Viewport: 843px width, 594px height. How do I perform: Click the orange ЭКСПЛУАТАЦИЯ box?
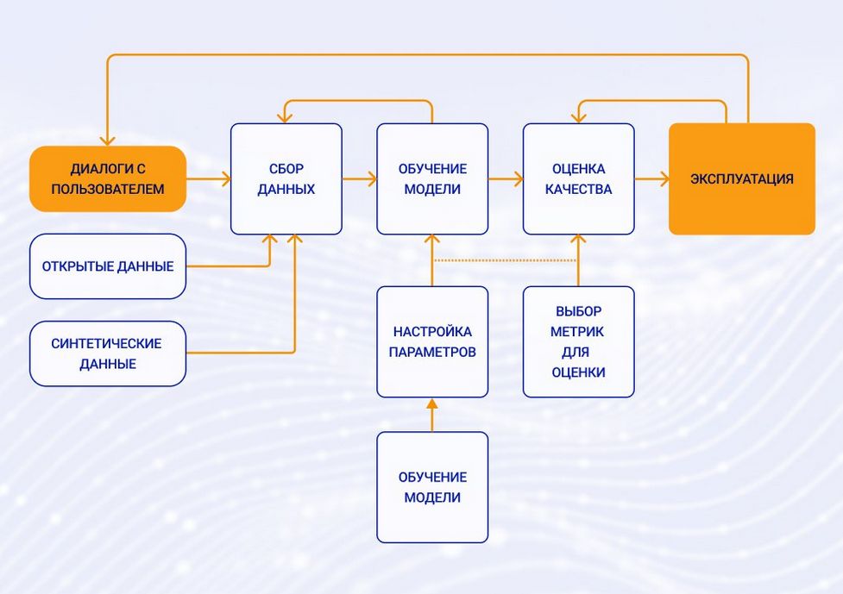pyautogui.click(x=742, y=178)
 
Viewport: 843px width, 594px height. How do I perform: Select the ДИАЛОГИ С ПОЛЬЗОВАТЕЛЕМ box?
pyautogui.click(x=108, y=178)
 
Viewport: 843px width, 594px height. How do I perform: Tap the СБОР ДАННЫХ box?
pyautogui.click(x=286, y=178)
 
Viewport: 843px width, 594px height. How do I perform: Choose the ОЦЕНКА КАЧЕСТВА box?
pyautogui.click(x=578, y=178)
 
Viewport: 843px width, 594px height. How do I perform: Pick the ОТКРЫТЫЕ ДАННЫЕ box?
pyautogui.click(x=108, y=266)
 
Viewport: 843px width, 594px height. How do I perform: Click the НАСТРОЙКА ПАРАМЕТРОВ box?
pyautogui.click(x=432, y=341)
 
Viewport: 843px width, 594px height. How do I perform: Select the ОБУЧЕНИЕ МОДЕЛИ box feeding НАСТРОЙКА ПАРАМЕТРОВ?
pyautogui.click(x=432, y=487)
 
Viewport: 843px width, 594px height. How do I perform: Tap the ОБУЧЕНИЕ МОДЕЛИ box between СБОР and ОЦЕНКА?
pyautogui.click(x=432, y=178)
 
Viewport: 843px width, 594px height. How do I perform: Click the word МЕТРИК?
pyautogui.click(x=578, y=331)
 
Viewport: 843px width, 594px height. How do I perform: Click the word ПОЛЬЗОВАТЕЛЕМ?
pyautogui.click(x=108, y=189)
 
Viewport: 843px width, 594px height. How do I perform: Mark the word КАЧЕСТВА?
pyautogui.click(x=578, y=189)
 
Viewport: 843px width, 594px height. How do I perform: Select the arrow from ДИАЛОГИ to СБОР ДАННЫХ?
pyautogui.click(x=208, y=179)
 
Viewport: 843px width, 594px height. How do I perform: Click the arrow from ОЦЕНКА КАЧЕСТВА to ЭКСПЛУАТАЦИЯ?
pyautogui.click(x=651, y=179)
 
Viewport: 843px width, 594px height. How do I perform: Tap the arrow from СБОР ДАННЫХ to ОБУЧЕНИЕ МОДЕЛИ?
pyautogui.click(x=359, y=179)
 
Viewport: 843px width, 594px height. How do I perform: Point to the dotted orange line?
pyautogui.click(x=504, y=259)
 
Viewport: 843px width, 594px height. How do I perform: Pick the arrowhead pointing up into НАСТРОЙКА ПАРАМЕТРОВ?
pyautogui.click(x=432, y=403)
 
